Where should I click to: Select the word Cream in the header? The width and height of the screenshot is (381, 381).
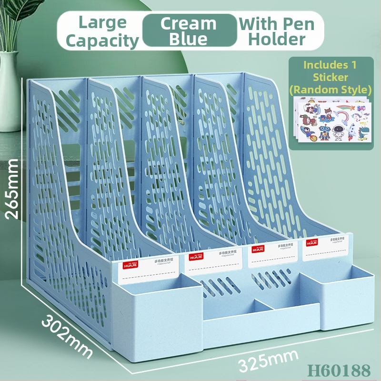point(189,23)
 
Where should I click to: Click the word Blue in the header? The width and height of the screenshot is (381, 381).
point(189,39)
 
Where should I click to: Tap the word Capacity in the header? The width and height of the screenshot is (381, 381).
point(102,40)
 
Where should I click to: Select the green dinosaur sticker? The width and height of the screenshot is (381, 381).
point(362,130)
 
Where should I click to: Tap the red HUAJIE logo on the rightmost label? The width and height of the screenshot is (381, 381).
point(312,243)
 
